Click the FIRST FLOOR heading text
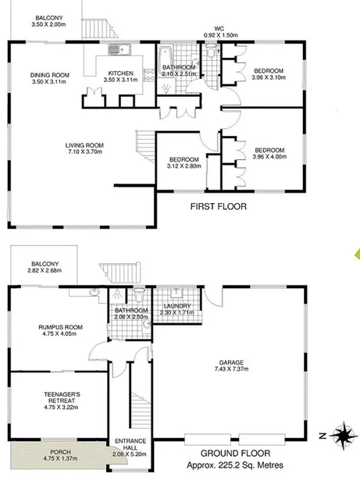[x=219, y=207]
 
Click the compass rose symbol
[x=340, y=433]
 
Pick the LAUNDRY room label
[x=179, y=305]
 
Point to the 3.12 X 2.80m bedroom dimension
[x=184, y=166]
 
